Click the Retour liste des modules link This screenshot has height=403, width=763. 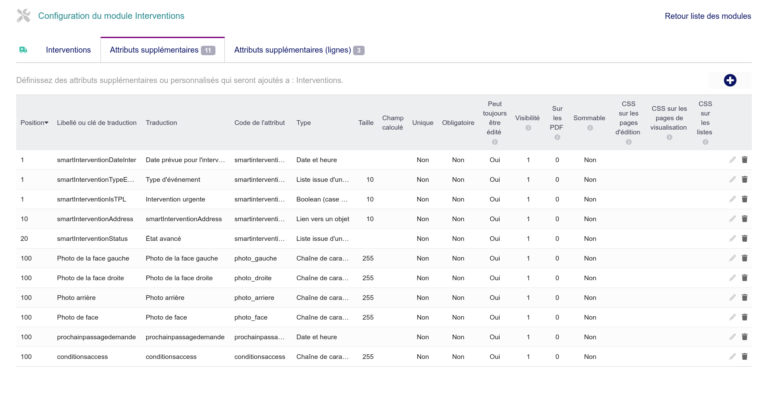tap(708, 16)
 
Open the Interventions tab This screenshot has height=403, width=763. tap(68, 50)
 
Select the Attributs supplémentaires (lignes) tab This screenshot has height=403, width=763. tap(293, 50)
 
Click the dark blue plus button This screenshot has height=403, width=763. tap(730, 80)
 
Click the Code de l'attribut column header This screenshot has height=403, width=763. tap(259, 123)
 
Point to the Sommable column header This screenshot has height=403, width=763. tap(589, 118)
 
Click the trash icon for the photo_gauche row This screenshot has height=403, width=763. tap(745, 258)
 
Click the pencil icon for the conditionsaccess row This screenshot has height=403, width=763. tap(733, 356)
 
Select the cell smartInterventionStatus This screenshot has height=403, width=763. tap(92, 239)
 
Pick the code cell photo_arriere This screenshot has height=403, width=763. tap(254, 298)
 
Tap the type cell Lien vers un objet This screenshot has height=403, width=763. tap(323, 219)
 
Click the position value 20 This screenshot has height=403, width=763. tap(24, 239)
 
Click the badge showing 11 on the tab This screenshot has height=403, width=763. tap(208, 50)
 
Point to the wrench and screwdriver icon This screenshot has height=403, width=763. tap(24, 16)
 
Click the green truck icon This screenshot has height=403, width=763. tap(24, 50)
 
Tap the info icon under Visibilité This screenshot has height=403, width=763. tap(528, 128)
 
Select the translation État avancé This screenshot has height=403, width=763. tap(163, 239)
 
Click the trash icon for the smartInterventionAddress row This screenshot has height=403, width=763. tap(745, 219)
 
